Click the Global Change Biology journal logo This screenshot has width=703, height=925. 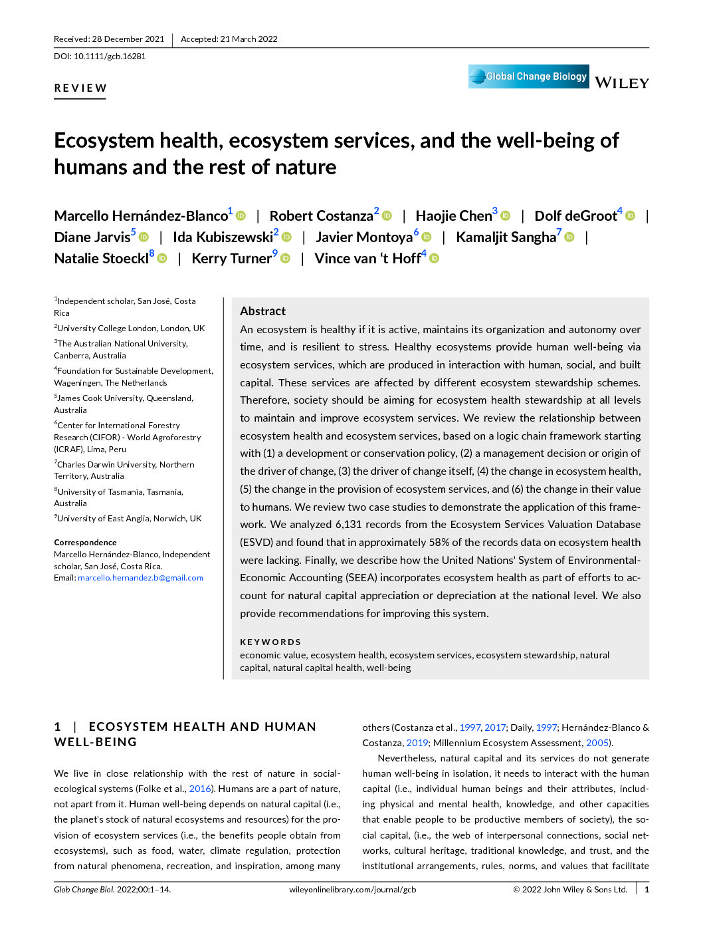[528, 76]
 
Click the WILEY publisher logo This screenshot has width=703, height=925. [621, 83]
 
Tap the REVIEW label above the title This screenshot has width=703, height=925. [80, 88]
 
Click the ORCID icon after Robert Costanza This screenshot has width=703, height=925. [387, 216]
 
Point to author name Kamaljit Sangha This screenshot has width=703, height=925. [506, 237]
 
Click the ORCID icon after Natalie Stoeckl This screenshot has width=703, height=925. [162, 259]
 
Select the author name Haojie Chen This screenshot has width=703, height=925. [453, 216]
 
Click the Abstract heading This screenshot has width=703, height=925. [262, 311]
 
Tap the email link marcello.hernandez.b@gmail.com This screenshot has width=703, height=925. [140, 578]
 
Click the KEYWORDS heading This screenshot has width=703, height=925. [270, 642]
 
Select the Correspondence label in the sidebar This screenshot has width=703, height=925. [85, 543]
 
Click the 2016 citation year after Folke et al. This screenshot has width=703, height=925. [199, 789]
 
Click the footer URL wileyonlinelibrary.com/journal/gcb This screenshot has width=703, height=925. [352, 890]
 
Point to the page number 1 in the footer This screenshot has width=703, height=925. [647, 890]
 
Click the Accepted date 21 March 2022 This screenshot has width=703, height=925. [249, 39]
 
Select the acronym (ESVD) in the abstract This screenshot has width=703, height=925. [256, 543]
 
